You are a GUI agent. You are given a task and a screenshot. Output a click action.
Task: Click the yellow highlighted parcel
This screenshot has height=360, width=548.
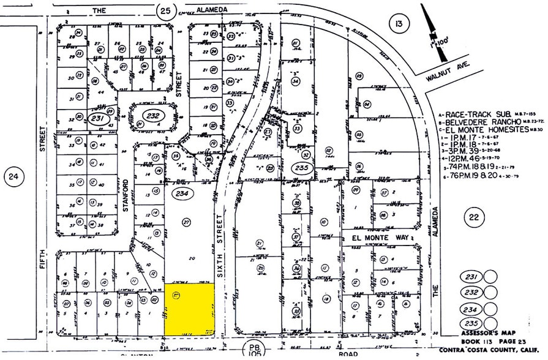(x=190, y=309)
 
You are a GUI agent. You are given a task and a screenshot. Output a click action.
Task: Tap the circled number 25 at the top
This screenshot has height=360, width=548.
(x=165, y=10)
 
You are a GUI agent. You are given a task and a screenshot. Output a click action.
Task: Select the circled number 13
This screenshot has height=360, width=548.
(x=399, y=24)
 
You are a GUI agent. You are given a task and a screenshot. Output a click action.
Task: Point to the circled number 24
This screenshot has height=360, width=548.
(x=13, y=178)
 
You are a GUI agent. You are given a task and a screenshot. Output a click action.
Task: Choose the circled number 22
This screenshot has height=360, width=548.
(x=472, y=215)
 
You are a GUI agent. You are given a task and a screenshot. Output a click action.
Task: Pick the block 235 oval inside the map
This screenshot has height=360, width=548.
(x=302, y=167)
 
